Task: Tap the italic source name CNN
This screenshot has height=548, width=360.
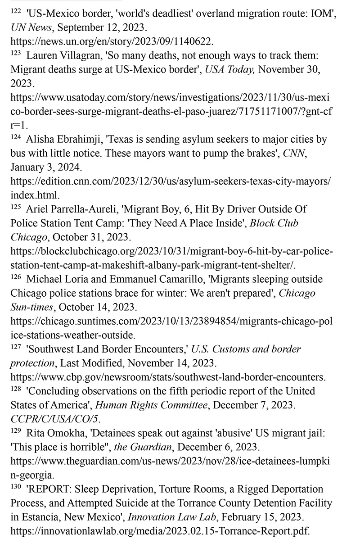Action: point(292,154)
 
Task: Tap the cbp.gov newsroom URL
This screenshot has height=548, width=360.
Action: point(167,377)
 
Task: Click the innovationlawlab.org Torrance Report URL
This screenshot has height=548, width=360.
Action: point(160,530)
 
